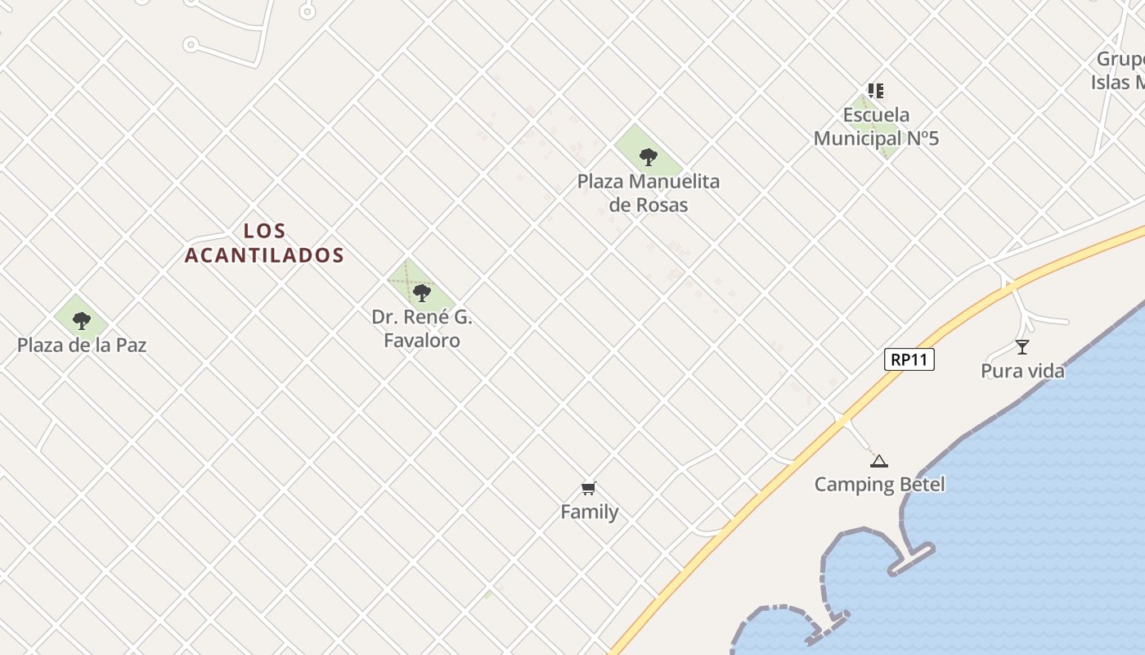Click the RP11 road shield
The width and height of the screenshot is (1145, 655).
909,359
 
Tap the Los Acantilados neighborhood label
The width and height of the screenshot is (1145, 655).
264,243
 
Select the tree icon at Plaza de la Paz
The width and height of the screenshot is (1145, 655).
81,320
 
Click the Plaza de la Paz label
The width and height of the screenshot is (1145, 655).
82,346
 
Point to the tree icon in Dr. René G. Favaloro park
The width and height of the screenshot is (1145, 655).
422,292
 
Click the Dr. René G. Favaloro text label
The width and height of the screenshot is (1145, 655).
422,328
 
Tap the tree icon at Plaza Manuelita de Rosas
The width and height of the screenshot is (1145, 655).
648,156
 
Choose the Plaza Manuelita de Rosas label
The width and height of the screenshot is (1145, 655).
649,193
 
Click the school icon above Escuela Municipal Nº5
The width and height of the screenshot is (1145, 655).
876,91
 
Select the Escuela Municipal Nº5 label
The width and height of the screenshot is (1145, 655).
876,127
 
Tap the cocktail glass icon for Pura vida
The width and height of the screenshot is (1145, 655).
1022,347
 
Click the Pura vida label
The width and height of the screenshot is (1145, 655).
1022,372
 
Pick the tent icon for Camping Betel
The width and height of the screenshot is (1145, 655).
879,461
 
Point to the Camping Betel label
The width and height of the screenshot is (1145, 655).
879,485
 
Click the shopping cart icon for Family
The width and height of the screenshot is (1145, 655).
588,489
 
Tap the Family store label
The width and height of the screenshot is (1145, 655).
589,513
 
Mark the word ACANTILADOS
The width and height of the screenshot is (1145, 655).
264,255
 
